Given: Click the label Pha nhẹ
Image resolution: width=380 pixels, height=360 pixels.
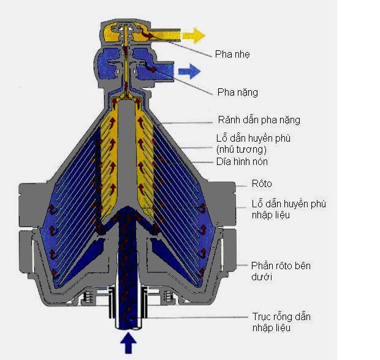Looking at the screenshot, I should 232,55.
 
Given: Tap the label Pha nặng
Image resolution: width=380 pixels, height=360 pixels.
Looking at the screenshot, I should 237,93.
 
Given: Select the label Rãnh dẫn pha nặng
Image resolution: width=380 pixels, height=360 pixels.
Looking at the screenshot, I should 259,120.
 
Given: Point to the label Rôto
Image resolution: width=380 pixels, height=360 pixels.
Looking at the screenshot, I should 262,183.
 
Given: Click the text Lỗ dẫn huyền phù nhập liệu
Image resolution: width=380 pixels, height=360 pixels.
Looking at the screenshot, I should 289,209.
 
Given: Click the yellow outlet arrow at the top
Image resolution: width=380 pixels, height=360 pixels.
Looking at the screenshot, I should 195,35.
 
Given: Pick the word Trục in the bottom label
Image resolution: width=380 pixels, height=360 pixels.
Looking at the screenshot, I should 262,317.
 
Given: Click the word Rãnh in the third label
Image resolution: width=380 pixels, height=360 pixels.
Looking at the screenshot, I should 229,120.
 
